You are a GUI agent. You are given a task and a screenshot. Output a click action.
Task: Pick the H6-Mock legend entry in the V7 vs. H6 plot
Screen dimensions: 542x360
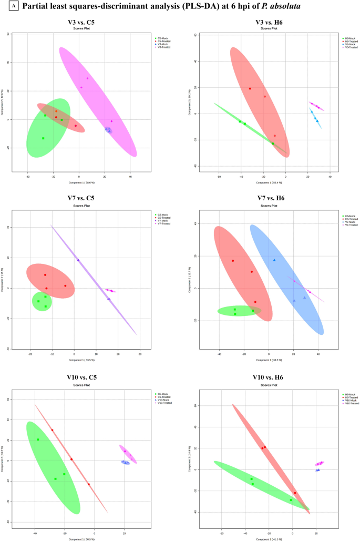[x=351, y=216]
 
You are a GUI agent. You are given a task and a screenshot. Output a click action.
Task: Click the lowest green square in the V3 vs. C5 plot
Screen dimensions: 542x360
[x=43, y=138]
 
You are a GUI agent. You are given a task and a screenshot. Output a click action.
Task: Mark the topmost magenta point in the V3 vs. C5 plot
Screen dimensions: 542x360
[x=87, y=78]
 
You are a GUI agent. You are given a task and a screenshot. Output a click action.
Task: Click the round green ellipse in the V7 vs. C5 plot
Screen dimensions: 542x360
[x=42, y=301]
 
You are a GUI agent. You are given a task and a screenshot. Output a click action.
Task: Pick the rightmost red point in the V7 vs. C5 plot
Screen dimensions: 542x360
[x=65, y=286]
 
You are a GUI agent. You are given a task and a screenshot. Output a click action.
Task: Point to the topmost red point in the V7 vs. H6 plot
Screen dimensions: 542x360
[x=233, y=261]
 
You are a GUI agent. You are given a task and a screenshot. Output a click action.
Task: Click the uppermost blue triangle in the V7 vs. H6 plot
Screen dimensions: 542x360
[x=274, y=260]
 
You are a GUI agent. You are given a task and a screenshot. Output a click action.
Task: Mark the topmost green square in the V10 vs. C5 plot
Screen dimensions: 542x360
[x=38, y=439]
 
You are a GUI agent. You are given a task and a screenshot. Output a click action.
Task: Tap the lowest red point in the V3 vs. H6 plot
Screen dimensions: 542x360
[x=274, y=136]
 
